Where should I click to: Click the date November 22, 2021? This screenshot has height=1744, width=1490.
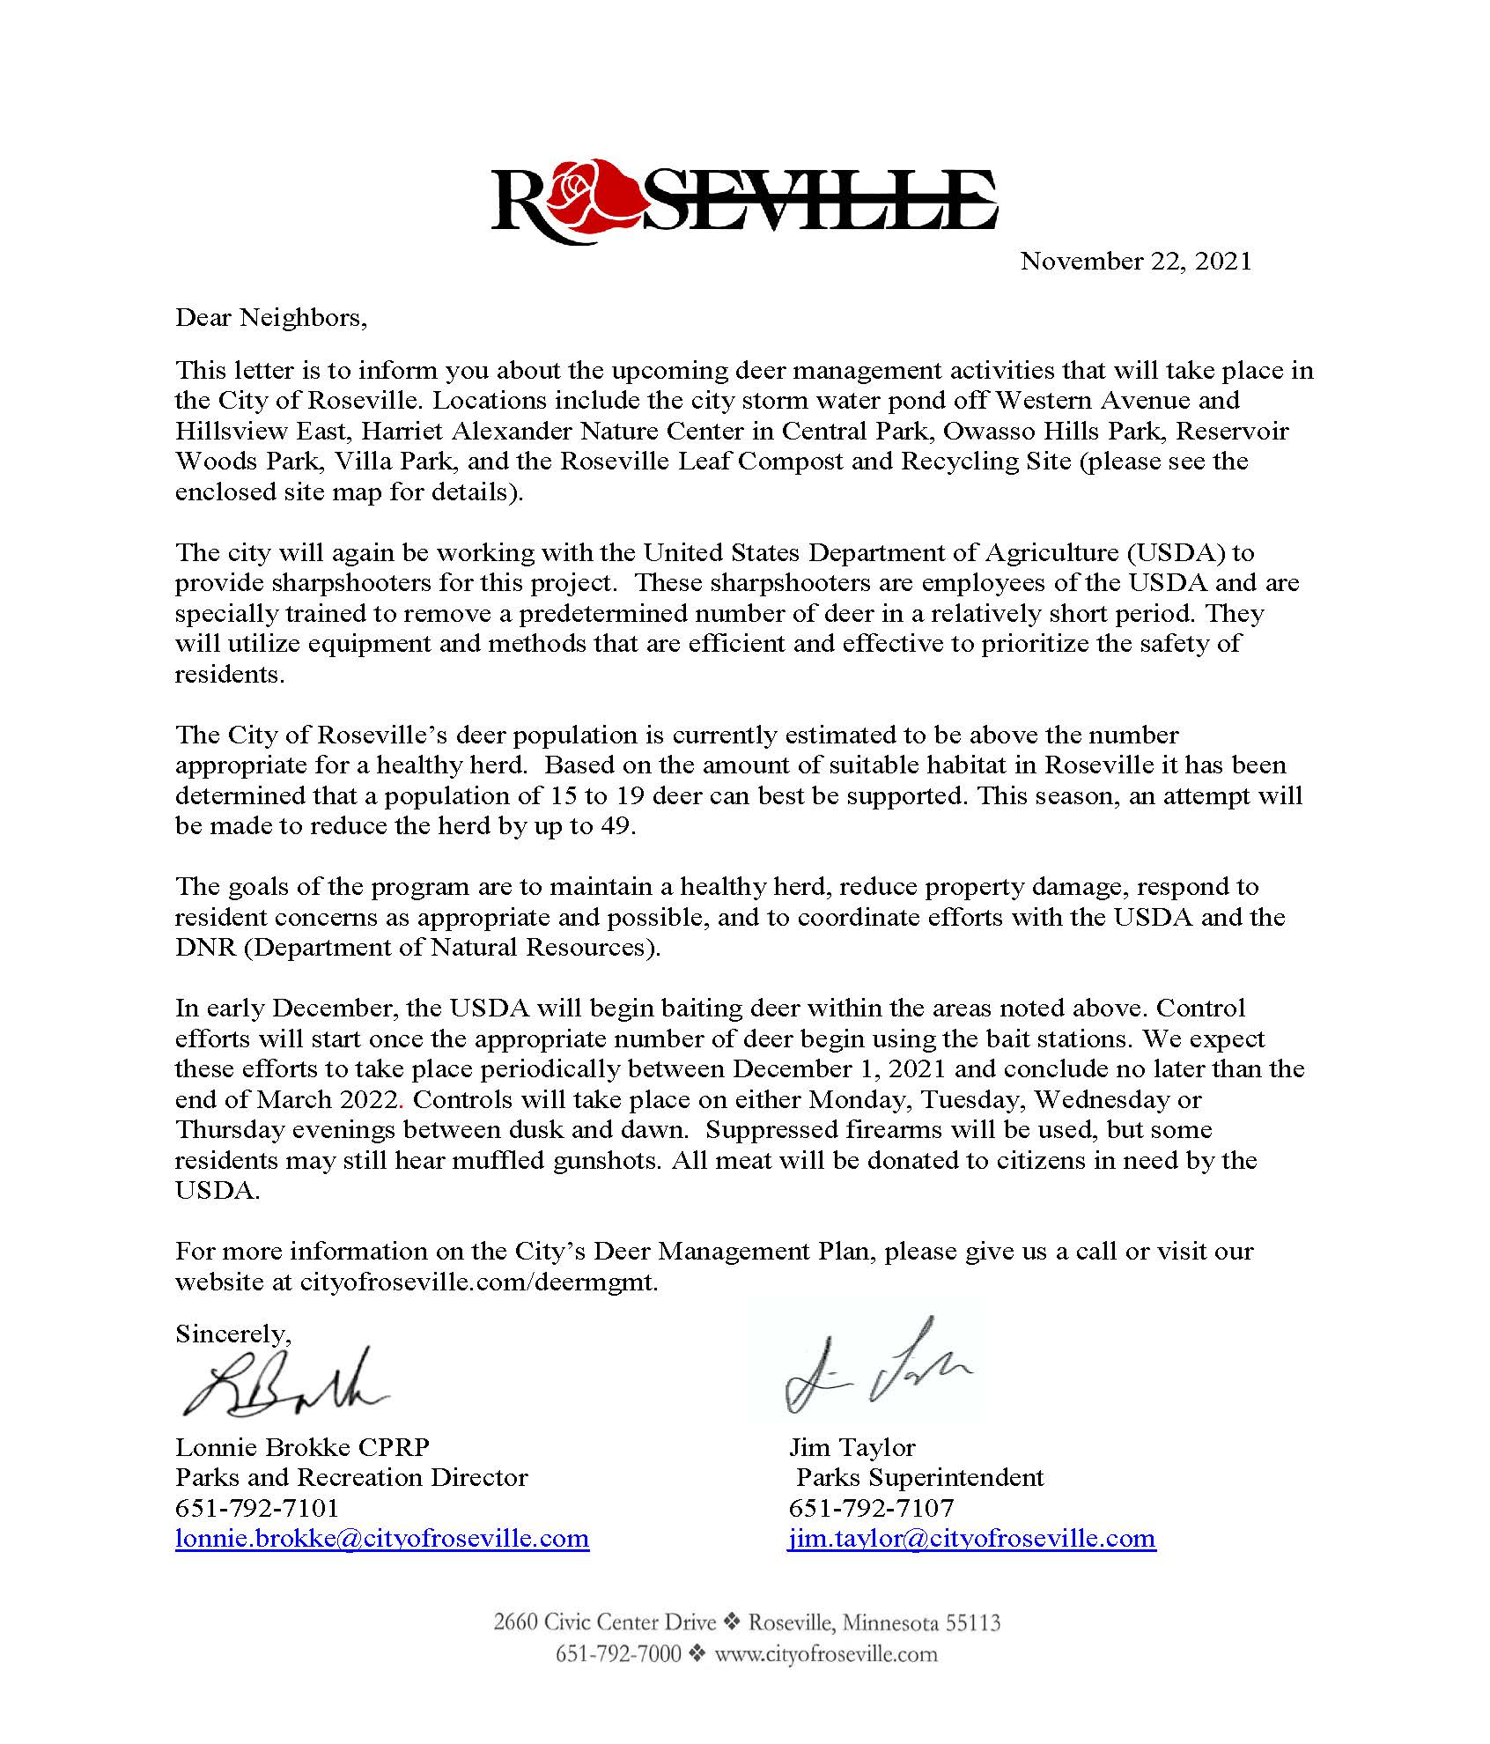(1135, 261)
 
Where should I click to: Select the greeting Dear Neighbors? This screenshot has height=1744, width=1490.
(270, 317)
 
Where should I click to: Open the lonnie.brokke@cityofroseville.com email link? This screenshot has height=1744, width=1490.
(382, 1538)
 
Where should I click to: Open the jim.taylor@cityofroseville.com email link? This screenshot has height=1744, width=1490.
(971, 1538)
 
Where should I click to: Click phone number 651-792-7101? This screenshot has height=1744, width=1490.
(257, 1508)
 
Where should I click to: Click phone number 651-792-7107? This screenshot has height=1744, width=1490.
(871, 1508)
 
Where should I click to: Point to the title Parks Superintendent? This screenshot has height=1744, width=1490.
(919, 1477)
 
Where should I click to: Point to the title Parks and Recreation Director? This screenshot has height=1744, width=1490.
(351, 1477)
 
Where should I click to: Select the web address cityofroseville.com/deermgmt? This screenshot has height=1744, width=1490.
(478, 1282)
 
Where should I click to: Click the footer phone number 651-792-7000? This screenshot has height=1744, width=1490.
(618, 1653)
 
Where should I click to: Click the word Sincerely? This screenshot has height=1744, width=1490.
(232, 1334)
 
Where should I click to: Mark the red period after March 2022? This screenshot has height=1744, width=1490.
(402, 1102)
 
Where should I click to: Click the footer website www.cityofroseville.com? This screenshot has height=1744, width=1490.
(825, 1653)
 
